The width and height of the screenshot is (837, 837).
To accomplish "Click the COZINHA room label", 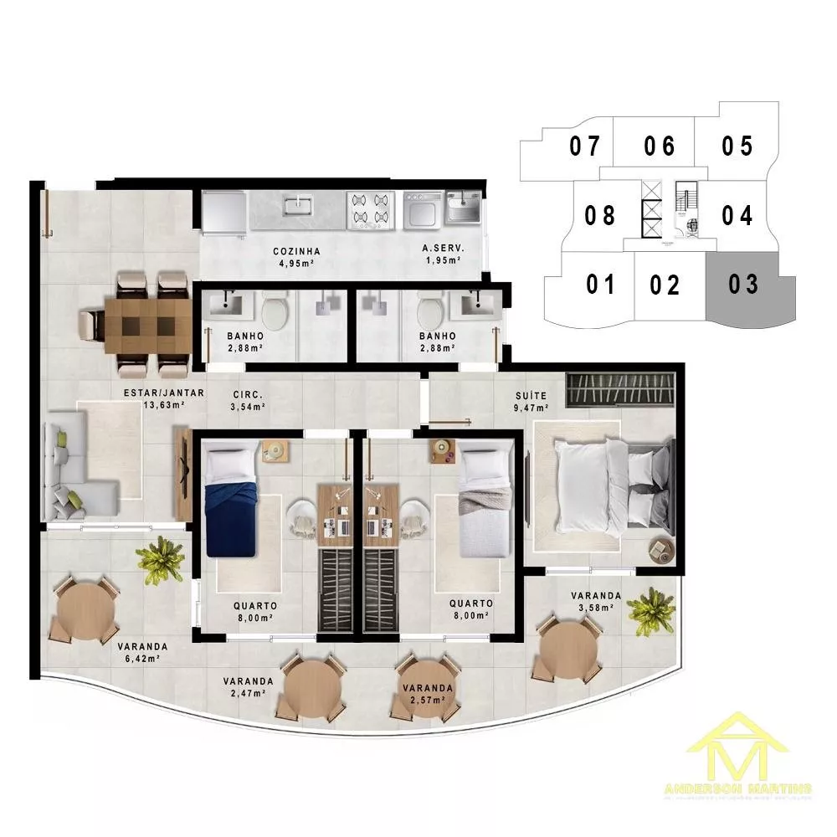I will tap(296, 251).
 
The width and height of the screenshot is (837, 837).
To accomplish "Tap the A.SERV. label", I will tap(443, 250).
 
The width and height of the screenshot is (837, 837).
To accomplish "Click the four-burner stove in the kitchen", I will tap(371, 210).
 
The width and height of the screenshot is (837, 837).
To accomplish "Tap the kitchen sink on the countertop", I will tap(297, 205).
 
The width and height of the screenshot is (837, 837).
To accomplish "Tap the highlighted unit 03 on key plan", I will tap(744, 285).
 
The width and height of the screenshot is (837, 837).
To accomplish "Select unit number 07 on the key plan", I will tap(585, 146).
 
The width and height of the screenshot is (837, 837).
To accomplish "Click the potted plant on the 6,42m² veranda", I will tap(161, 558).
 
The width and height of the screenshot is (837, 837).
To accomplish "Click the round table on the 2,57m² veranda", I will tap(427, 687).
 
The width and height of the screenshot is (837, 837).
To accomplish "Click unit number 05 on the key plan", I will tap(737, 146).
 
